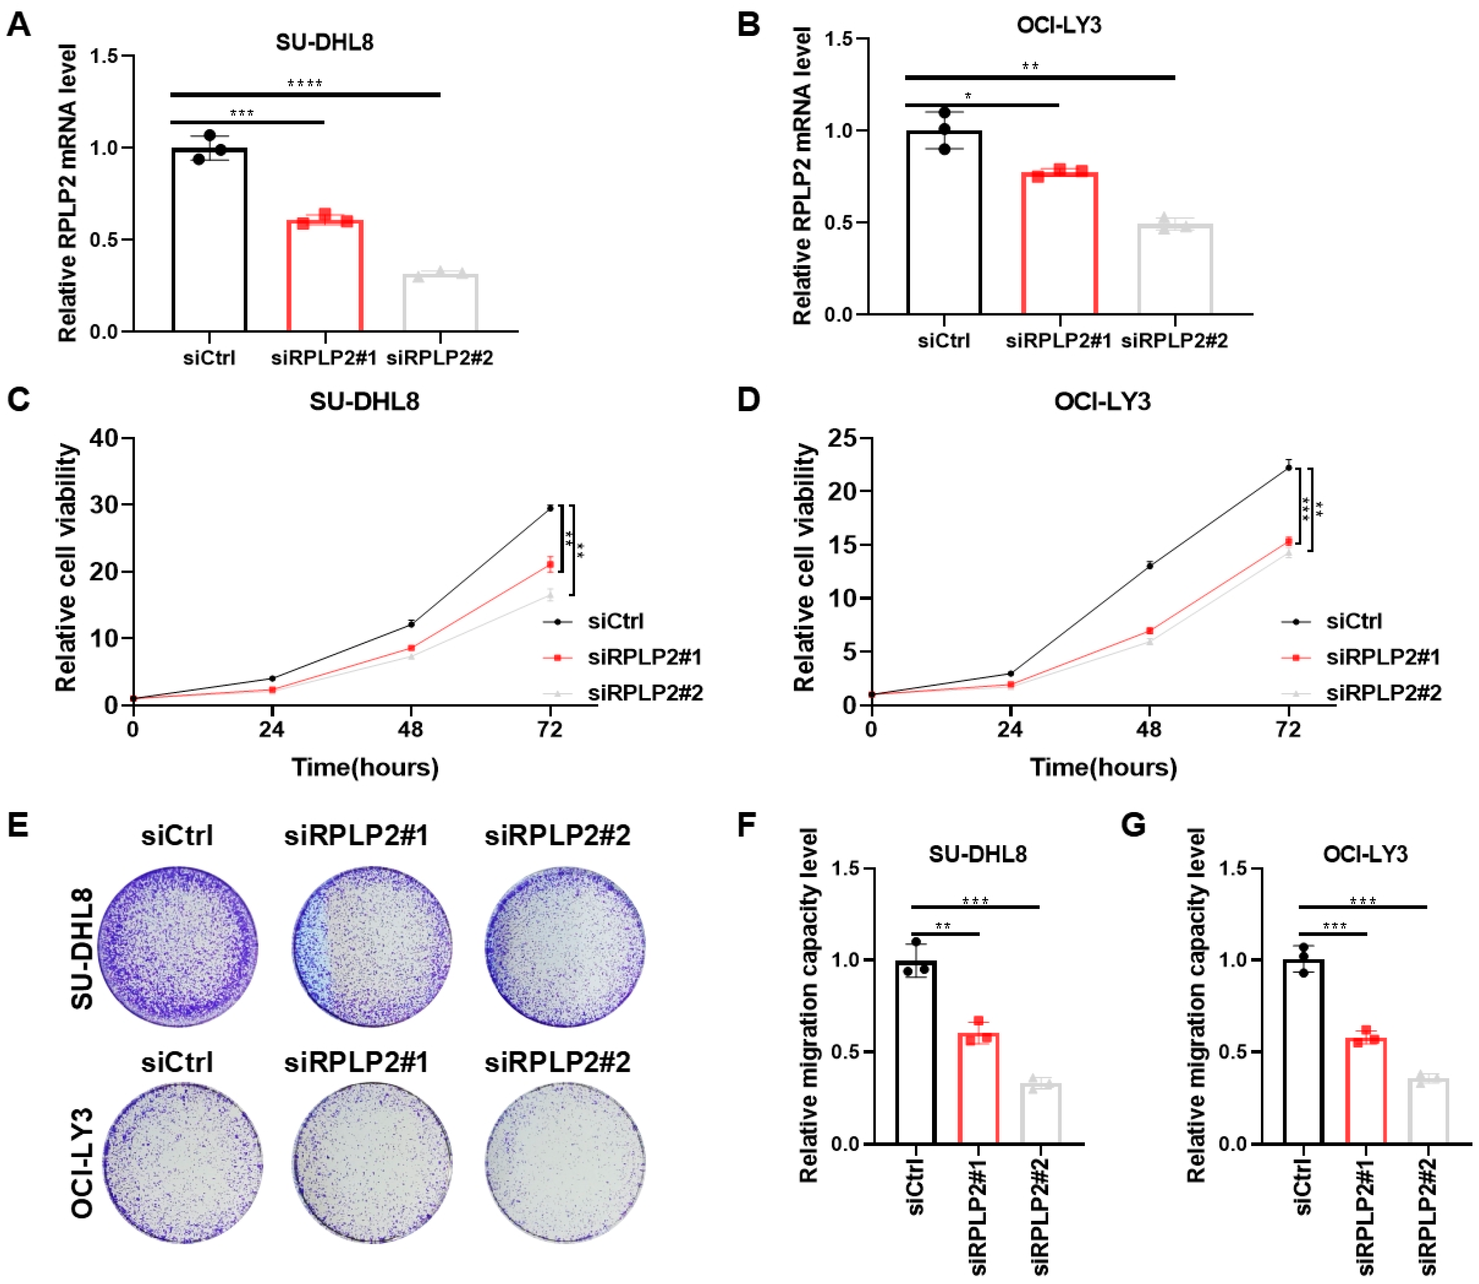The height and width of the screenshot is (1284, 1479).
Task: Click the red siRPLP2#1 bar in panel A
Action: coord(325,275)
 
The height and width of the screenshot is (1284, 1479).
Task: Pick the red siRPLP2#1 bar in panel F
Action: coord(978,1089)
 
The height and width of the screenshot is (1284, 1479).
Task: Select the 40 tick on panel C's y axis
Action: coord(104,438)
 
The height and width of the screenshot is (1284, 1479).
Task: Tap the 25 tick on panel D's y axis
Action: coord(842,438)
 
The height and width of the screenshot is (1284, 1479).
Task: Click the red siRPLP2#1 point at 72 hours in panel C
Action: coord(550,564)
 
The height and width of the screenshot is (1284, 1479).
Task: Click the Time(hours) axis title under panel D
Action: coord(1103,767)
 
